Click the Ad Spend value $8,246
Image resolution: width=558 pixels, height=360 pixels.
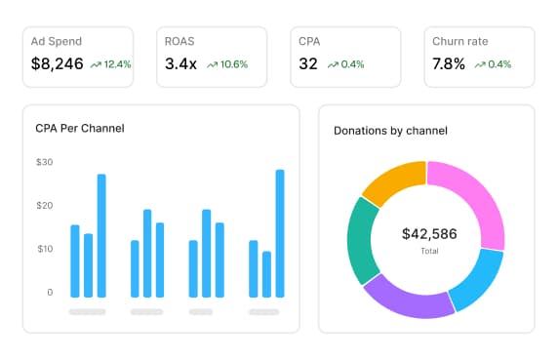57,64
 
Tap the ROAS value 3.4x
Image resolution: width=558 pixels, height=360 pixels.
181,64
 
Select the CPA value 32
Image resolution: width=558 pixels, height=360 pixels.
308,64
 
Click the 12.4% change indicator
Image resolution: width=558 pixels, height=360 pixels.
111,65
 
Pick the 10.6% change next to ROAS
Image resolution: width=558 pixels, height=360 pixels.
227,65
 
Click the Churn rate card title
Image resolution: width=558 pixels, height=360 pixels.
461,42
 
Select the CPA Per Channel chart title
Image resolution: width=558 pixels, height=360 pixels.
79,129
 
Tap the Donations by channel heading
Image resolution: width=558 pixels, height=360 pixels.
390,131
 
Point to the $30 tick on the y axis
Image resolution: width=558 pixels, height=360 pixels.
44,162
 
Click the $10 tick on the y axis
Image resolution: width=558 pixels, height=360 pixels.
44,249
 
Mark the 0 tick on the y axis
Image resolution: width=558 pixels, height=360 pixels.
49,292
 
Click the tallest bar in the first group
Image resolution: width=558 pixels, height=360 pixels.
101,235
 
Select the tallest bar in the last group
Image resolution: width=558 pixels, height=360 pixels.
280,233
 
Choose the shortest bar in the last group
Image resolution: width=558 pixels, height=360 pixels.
266,274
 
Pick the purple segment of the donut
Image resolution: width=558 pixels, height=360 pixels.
411,297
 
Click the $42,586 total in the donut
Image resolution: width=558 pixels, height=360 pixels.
429,234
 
